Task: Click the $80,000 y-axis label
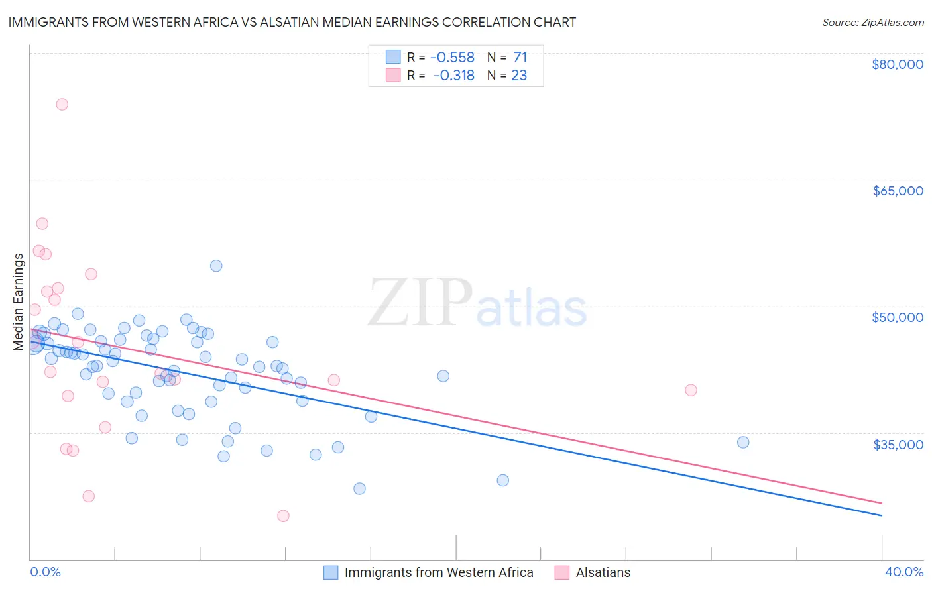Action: (897, 64)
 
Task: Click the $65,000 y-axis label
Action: (897, 191)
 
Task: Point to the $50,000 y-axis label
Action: (897, 317)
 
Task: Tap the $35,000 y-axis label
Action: (898, 444)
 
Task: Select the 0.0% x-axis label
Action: (45, 572)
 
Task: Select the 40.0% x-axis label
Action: (903, 572)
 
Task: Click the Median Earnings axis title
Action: (19, 302)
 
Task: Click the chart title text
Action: (292, 22)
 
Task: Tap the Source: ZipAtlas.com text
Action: (872, 22)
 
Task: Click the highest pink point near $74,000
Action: (62, 104)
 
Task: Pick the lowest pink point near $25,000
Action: (283, 516)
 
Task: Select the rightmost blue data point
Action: (743, 442)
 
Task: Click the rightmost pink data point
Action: (691, 390)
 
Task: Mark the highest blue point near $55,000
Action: (216, 266)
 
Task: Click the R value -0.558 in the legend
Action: (452, 58)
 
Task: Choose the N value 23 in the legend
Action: (519, 76)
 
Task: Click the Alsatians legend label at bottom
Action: (603, 572)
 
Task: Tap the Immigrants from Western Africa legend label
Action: (438, 572)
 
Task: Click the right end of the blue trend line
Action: (882, 515)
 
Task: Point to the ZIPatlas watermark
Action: (477, 303)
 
